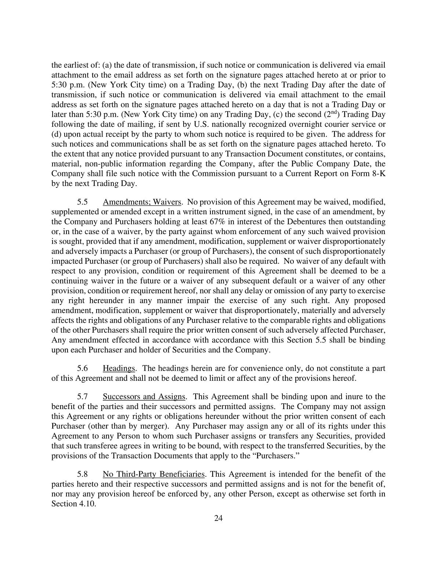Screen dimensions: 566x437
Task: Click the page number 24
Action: click(x=219, y=519)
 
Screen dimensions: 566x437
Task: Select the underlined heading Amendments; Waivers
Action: click(x=142, y=202)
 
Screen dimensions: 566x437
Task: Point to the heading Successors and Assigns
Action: click(x=144, y=397)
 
